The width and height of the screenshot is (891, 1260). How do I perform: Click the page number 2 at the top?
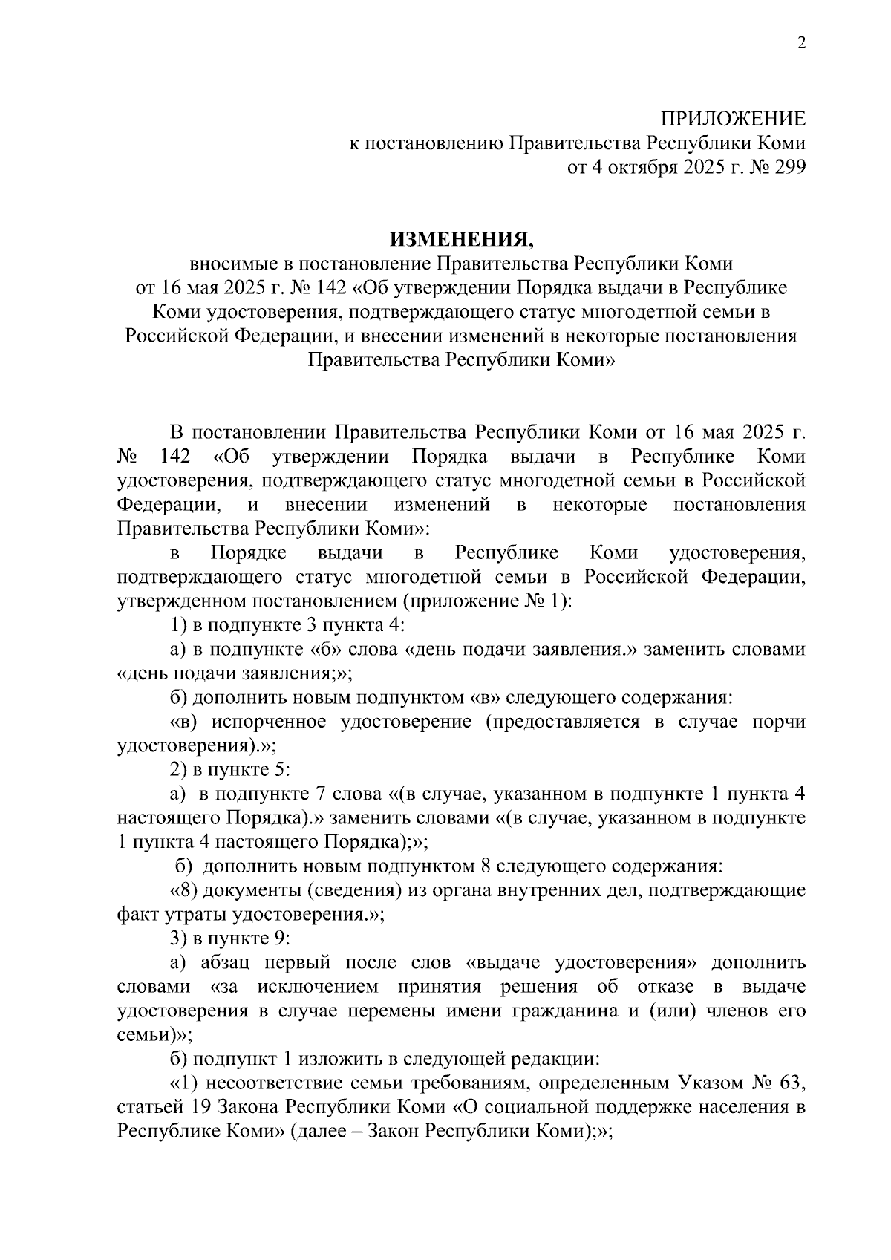(x=800, y=43)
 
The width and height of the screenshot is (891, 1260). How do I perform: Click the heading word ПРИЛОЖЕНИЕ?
(x=733, y=119)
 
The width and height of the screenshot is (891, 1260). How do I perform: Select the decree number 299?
(x=789, y=168)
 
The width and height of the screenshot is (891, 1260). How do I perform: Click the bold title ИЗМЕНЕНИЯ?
(x=462, y=239)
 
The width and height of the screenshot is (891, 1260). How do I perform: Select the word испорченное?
(x=269, y=722)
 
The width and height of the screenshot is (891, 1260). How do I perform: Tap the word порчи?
(x=779, y=722)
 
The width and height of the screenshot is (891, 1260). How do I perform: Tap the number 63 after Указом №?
(x=789, y=1083)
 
